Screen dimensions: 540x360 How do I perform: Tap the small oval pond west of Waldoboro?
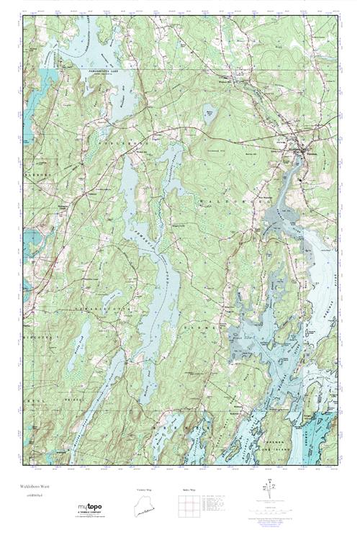pyautogui.click(x=209, y=114)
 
